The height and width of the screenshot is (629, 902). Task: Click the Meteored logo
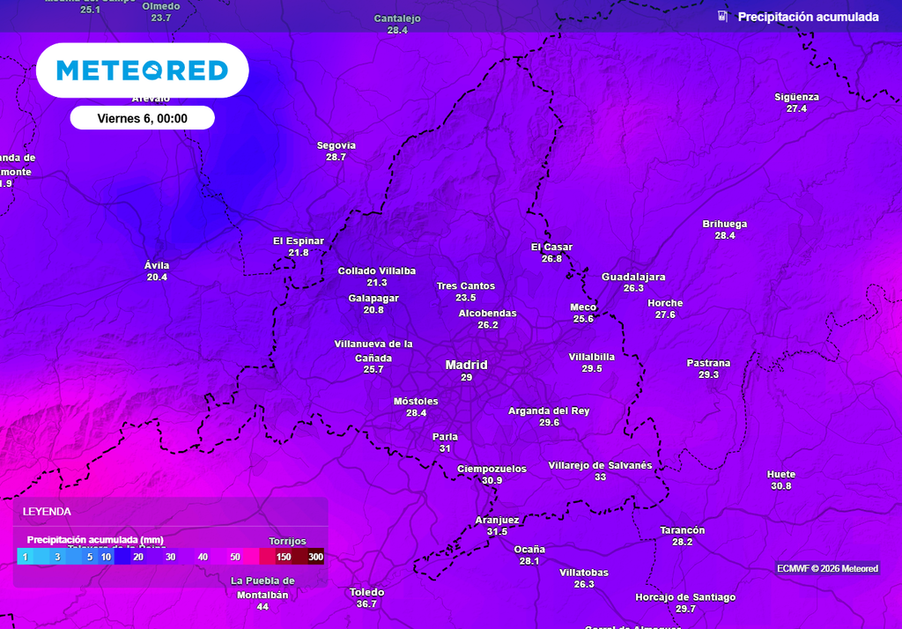tap(142, 70)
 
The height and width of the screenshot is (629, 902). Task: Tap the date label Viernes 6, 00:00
tap(142, 118)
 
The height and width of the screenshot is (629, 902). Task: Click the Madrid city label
tap(466, 365)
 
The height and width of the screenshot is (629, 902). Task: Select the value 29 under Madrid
tap(466, 378)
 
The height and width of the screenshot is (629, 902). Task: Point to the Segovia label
tap(336, 145)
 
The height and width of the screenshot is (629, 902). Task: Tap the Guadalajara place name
tap(633, 277)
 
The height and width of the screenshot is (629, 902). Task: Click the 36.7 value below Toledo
tap(366, 604)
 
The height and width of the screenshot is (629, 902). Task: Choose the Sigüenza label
tap(796, 97)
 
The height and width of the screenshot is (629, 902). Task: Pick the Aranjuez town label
tap(497, 520)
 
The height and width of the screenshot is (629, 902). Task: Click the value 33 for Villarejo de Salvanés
tap(600, 477)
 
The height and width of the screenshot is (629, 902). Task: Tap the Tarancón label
tap(683, 530)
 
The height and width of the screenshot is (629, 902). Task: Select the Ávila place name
tap(157, 265)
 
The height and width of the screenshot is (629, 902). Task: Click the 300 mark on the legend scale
tap(316, 557)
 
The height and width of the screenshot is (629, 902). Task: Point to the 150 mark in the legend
tap(284, 557)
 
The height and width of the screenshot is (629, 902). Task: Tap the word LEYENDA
tap(47, 512)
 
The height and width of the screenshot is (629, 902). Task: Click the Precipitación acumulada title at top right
tap(808, 17)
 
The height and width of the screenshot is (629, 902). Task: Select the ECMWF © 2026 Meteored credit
tap(827, 569)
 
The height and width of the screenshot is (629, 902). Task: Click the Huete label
tap(781, 474)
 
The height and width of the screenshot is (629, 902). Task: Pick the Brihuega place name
tap(725, 224)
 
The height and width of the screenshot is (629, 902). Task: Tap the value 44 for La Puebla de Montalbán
tap(262, 607)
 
